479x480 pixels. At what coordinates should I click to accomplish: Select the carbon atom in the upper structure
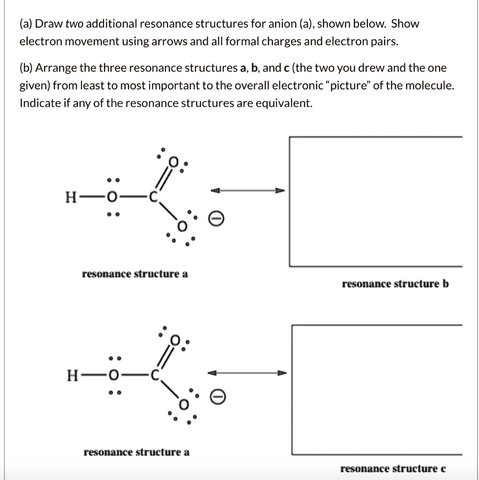(x=152, y=197)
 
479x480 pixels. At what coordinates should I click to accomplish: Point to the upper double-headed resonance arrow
(x=247, y=191)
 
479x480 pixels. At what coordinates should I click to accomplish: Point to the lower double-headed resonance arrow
(x=247, y=374)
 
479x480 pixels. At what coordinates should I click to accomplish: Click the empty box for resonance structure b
(x=375, y=202)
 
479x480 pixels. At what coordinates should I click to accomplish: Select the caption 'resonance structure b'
(x=395, y=284)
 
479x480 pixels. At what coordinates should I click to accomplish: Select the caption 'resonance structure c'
(x=393, y=469)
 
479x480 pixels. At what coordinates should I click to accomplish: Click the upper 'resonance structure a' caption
(x=135, y=274)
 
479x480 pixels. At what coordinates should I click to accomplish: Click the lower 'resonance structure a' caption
(x=136, y=452)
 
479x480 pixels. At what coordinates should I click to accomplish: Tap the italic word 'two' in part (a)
(x=74, y=23)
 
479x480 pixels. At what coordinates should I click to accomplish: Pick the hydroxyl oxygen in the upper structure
(x=111, y=197)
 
